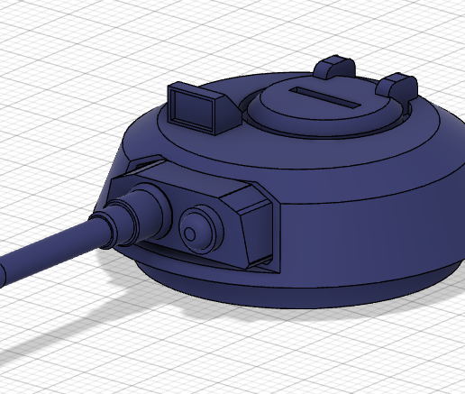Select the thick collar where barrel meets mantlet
tap(144, 212)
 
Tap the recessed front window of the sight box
tap(191, 110)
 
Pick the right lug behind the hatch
tap(397, 87)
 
